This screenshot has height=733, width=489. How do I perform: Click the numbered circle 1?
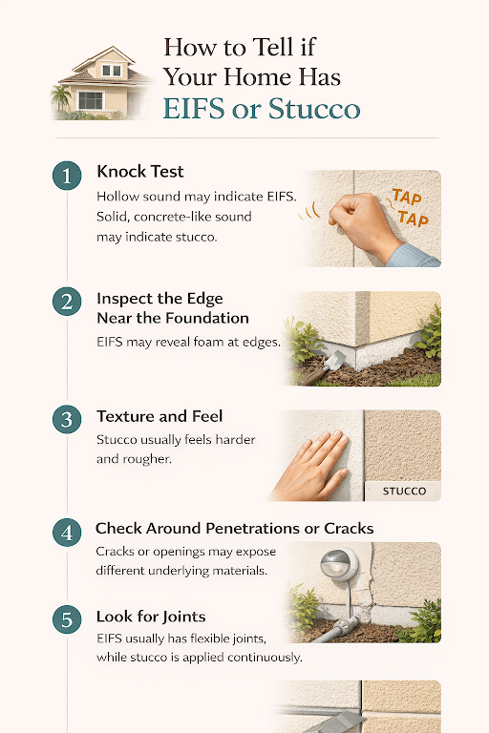pos(65,176)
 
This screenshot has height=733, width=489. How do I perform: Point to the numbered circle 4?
pos(65,533)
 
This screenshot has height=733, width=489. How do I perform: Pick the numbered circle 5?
pos(65,619)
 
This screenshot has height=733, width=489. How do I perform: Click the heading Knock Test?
pos(139,173)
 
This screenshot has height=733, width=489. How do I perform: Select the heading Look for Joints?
pos(150,617)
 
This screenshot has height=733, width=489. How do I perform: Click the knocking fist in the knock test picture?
pos(362,218)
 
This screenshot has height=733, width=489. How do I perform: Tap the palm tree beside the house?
pos(63,96)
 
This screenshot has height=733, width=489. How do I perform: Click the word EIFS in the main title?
pos(194,108)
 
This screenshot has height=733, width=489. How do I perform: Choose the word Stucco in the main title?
pos(314,108)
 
